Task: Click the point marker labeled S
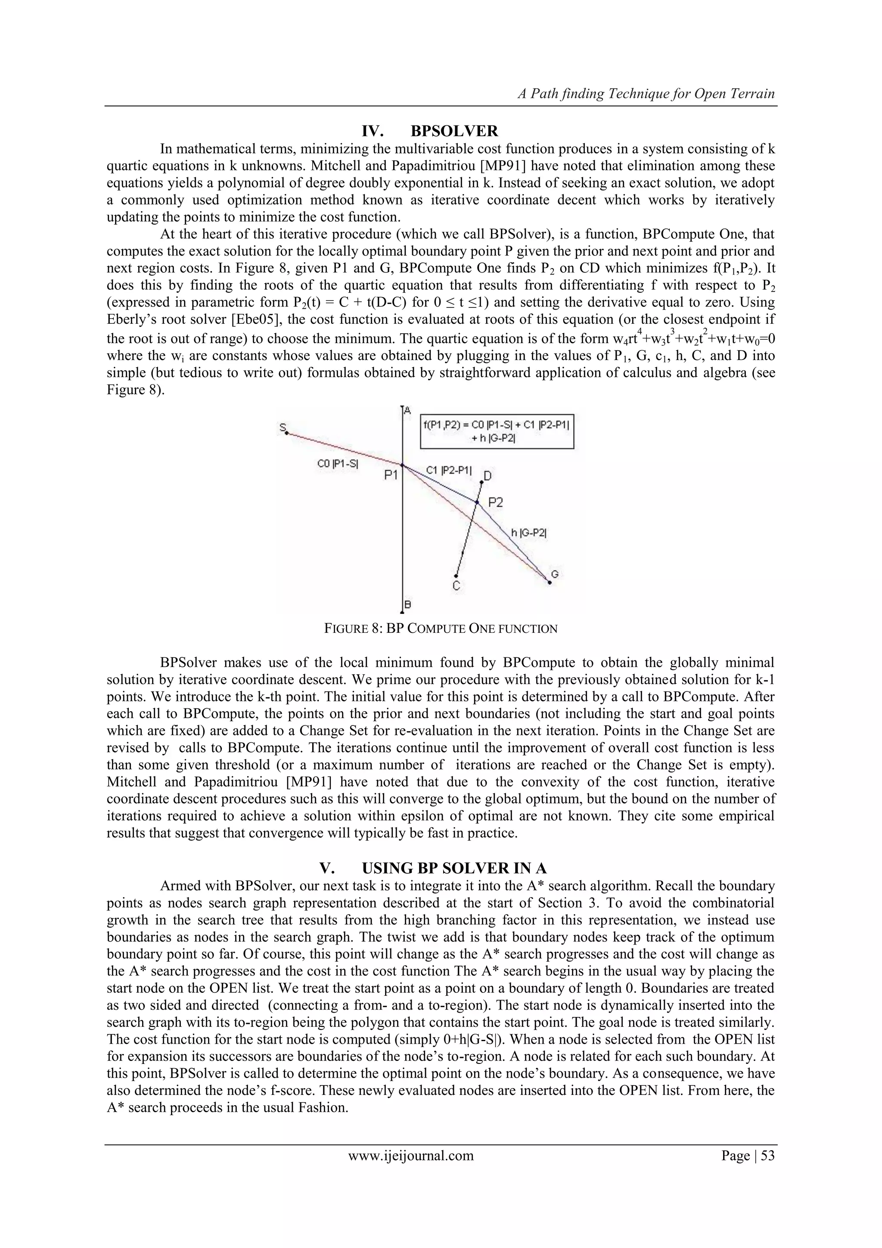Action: click(286, 433)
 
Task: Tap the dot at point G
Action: click(549, 583)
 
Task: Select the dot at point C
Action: click(456, 576)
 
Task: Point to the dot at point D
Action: click(481, 482)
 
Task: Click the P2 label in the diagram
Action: click(495, 502)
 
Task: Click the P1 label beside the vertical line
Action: click(391, 475)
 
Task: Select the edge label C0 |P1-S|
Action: click(337, 464)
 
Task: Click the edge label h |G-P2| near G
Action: click(529, 533)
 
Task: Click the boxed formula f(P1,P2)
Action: click(497, 432)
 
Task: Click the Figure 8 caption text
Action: click(441, 629)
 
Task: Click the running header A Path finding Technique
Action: click(646, 94)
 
